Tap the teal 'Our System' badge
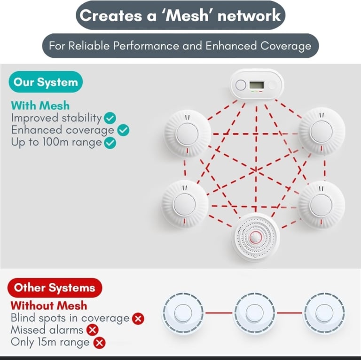(46, 82)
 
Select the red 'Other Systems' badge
(55, 288)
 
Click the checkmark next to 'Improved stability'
(110, 118)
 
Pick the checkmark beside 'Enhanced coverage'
(124, 130)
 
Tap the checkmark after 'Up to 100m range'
(110, 143)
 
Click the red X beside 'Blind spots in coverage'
(138, 319)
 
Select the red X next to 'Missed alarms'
(93, 330)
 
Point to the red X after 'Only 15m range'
(99, 343)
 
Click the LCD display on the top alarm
(257, 85)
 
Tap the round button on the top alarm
(241, 85)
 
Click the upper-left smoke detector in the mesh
(187, 134)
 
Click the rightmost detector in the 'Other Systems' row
(324, 312)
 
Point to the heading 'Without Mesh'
(49, 305)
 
